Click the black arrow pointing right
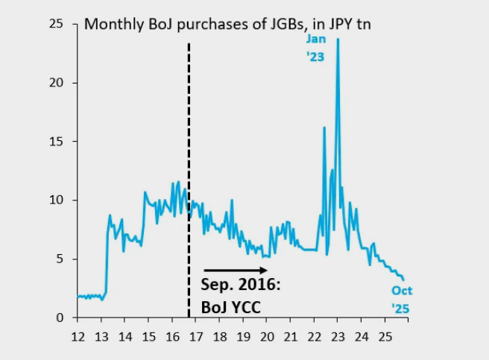click(x=235, y=270)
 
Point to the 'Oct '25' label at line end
click(x=402, y=299)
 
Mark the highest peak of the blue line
click(x=338, y=40)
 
